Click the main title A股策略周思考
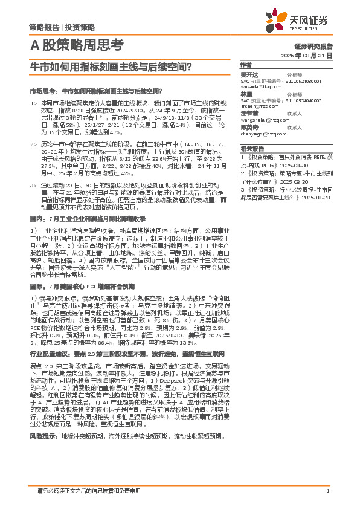click(x=76, y=44)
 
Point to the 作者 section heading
click(x=246, y=64)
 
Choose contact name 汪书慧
click(x=249, y=113)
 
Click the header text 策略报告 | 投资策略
click(x=62, y=27)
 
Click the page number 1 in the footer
click(x=327, y=491)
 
